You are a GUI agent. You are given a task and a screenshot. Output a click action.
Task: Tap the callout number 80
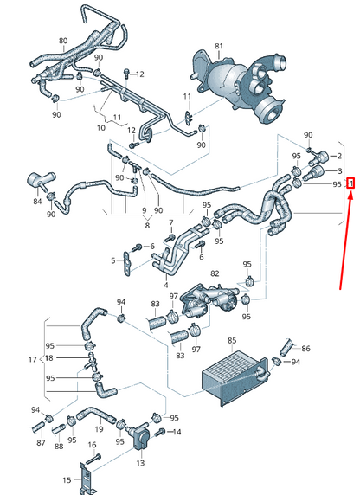[62, 41]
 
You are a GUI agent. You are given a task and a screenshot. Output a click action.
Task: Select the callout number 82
[215, 273]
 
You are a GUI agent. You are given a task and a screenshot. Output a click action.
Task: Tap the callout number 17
[32, 359]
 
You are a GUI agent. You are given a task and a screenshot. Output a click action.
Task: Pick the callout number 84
[36, 202]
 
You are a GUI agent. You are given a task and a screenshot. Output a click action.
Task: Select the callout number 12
[141, 74]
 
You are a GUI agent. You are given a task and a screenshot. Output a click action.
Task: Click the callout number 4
[166, 284]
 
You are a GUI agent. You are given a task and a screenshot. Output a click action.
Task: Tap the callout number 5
[112, 260]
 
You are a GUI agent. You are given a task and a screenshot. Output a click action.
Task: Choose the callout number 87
[40, 443]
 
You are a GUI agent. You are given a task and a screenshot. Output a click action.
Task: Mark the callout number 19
[98, 428]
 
